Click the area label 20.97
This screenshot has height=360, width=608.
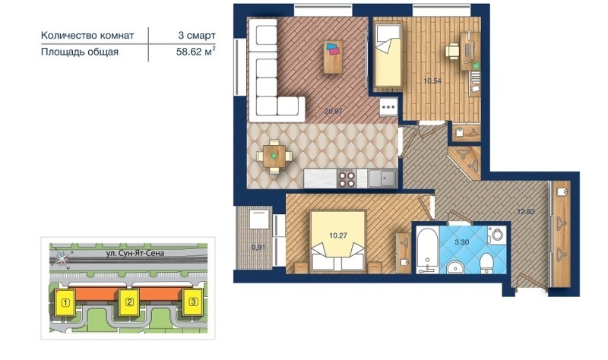[333, 111]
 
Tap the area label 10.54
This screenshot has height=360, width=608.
[432, 81]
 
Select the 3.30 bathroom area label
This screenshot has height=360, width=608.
[461, 242]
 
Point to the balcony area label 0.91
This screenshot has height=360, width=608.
[258, 247]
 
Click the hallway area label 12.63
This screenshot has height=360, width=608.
[526, 212]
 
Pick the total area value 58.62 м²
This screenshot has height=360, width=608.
[196, 52]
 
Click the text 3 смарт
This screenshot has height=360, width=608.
[197, 35]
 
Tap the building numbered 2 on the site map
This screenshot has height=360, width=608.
[129, 302]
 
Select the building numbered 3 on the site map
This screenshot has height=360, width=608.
[193, 302]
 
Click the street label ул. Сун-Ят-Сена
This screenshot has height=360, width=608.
[135, 253]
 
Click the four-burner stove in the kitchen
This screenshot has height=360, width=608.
[347, 178]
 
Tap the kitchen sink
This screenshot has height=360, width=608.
[382, 178]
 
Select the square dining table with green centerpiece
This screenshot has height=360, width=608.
[274, 156]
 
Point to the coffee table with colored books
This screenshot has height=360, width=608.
[333, 56]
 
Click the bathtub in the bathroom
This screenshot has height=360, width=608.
[427, 250]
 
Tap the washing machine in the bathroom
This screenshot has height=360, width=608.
[496, 235]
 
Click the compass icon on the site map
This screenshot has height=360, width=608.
[62, 258]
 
